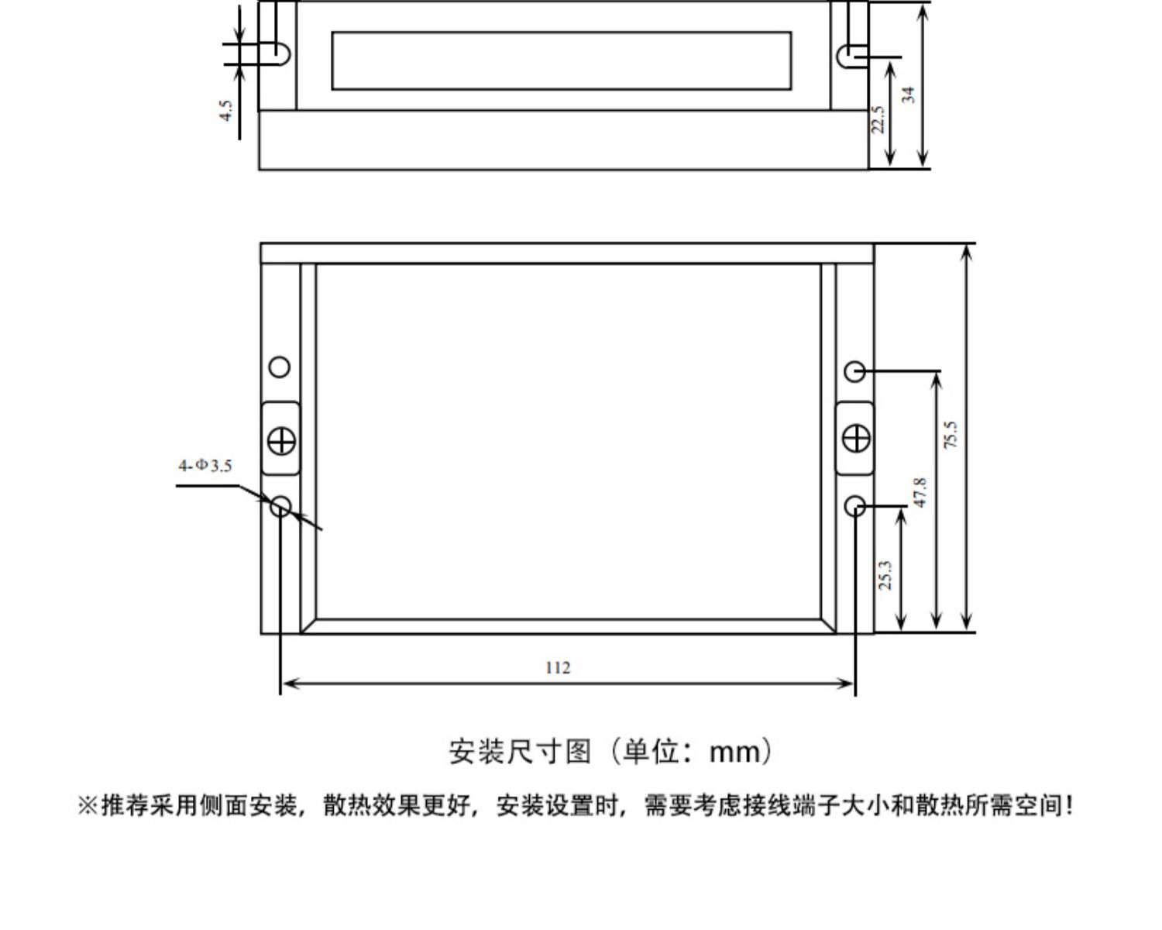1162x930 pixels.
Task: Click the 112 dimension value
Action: pos(558,668)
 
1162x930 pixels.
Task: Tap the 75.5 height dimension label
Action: pos(951,435)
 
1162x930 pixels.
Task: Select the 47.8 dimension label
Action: pos(920,493)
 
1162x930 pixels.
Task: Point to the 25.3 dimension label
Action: pos(885,574)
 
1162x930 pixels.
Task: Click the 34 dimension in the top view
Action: pos(908,95)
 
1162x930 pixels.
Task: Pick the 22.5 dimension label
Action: pos(877,119)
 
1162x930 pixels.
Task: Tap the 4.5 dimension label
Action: pos(225,109)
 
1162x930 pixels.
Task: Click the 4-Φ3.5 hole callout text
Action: pos(205,466)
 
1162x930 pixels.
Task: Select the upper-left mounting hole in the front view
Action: pos(280,367)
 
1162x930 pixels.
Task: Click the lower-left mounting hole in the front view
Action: pos(280,507)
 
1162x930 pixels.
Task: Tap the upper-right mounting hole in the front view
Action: pos(854,371)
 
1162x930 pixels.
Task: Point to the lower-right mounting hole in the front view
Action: pos(854,507)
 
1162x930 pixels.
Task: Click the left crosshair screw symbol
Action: pos(281,441)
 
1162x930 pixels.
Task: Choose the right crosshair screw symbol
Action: pos(855,439)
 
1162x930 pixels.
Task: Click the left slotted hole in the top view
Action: pos(279,53)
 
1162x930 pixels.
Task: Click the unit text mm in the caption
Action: pos(735,752)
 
